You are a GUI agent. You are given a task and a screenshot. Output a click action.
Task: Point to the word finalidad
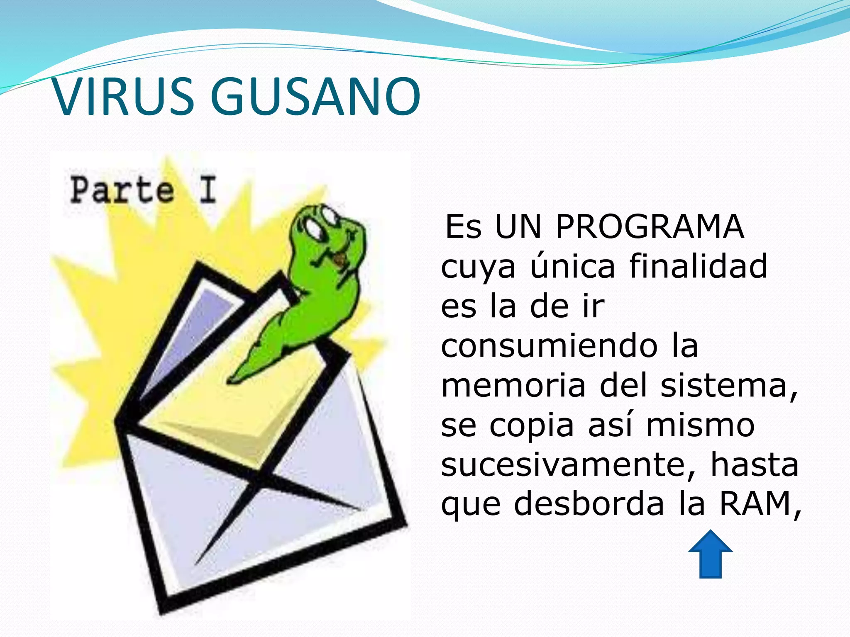click(698, 266)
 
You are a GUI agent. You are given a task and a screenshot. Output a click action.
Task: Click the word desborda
click(589, 504)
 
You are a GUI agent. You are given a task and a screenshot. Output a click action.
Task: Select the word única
click(573, 266)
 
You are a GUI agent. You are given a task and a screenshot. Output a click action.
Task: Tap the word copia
click(532, 425)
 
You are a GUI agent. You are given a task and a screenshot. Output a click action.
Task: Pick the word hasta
click(755, 465)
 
